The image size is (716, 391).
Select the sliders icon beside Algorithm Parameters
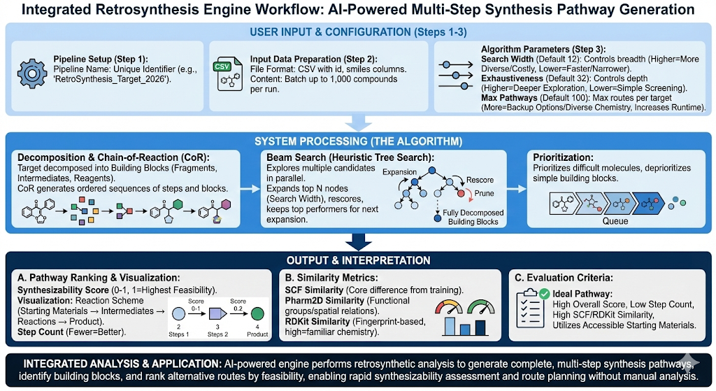(x=455, y=74)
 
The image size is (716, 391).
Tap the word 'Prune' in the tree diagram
(x=485, y=193)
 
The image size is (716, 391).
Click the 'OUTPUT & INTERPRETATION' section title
(x=358, y=260)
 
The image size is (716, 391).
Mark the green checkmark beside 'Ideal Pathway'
(x=545, y=294)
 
